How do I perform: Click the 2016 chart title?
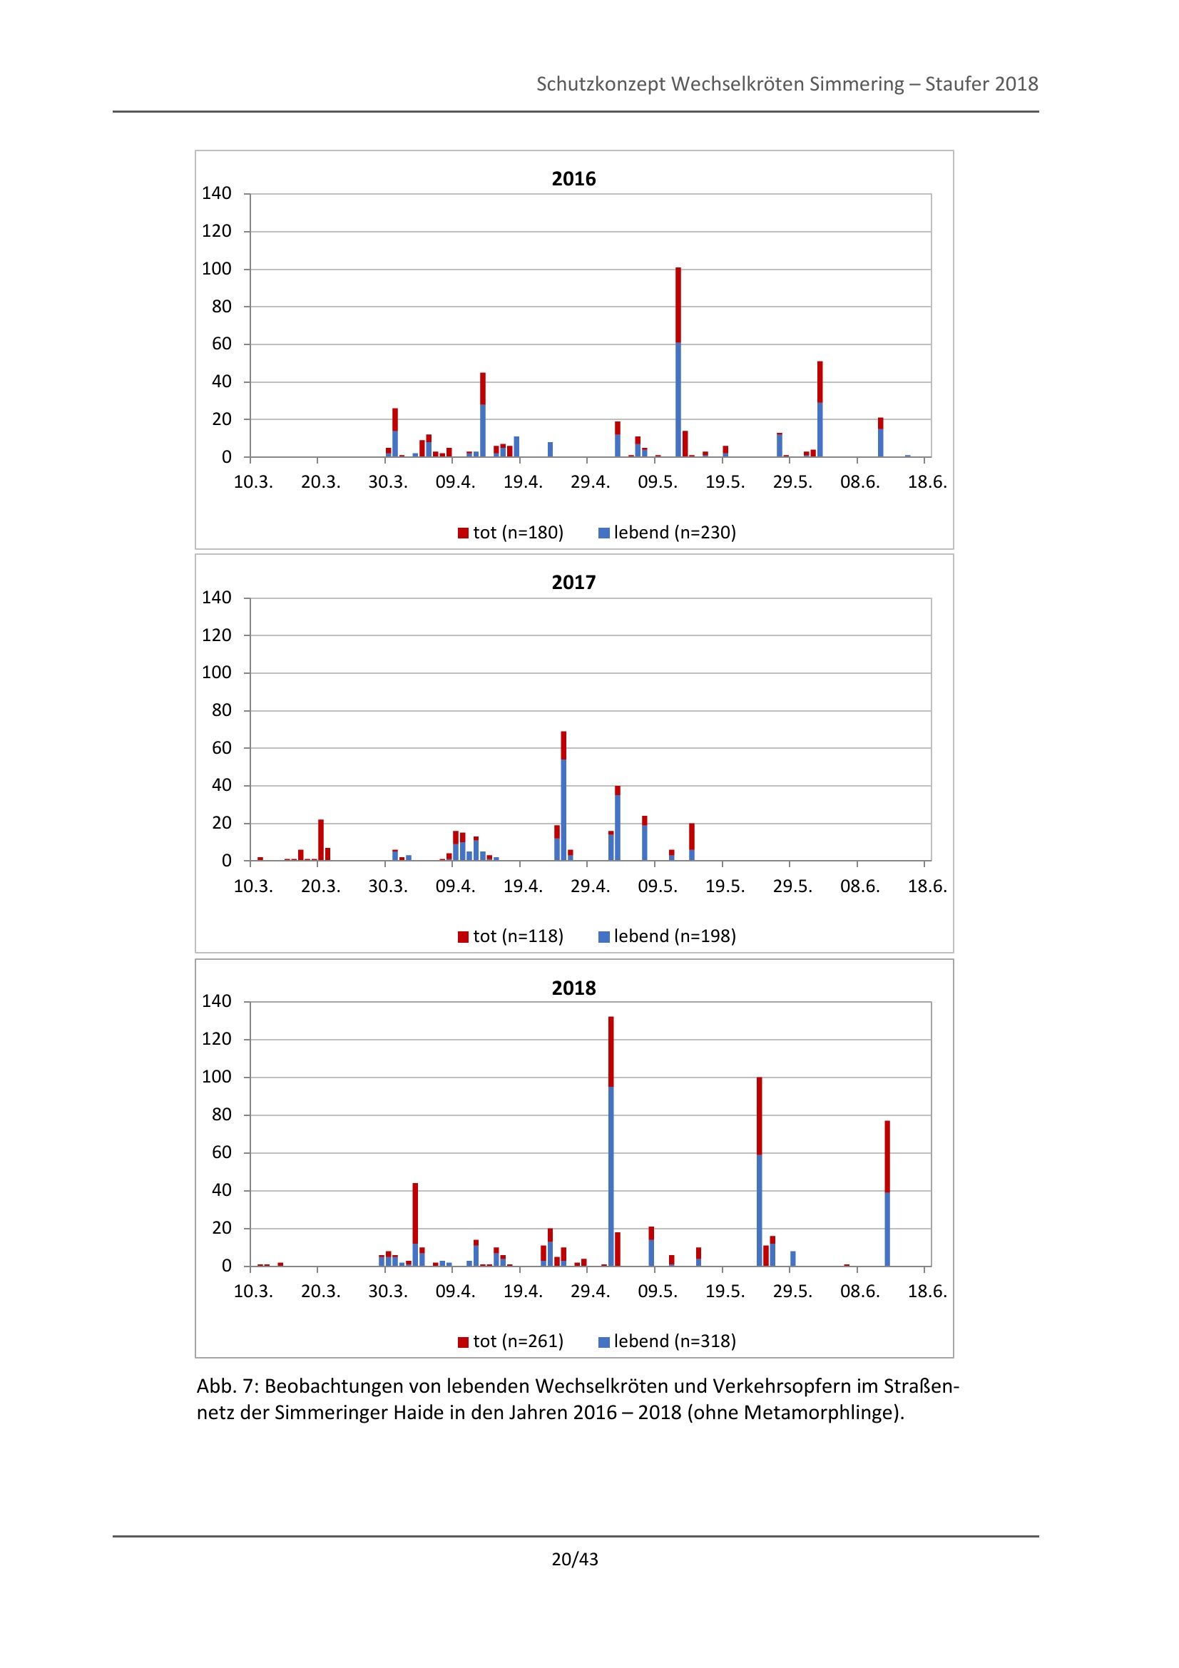pos(573,179)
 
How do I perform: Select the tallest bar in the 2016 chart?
pos(678,363)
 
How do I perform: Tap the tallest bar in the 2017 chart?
pos(563,796)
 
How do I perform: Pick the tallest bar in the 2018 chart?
pos(611,1140)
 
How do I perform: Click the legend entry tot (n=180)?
pos(511,533)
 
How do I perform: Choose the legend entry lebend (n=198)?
pos(667,936)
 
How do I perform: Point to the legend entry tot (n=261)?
pos(511,1341)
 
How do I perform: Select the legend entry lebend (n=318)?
pos(667,1341)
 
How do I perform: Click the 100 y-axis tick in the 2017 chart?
pos(217,672)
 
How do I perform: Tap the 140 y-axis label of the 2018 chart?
pos(217,1001)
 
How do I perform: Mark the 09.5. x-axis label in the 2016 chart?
pos(658,482)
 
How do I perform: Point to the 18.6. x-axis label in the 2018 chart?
pos(927,1291)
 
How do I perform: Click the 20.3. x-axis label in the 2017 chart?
pos(320,886)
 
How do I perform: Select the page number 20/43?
pos(575,1559)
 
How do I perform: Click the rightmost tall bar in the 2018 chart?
pos(887,1194)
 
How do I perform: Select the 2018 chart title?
pos(573,988)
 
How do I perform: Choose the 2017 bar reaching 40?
pos(618,824)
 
